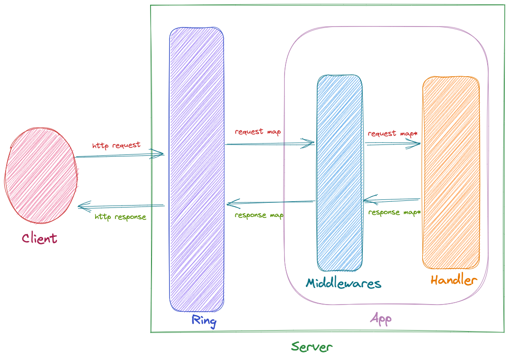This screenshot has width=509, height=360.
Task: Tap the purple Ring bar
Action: click(196, 169)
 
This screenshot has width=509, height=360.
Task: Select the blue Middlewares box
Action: click(339, 173)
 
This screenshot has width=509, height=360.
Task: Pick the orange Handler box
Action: click(450, 172)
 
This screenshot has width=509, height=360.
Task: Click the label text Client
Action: click(39, 238)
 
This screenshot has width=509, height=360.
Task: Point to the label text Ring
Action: click(204, 321)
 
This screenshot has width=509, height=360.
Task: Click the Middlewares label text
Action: click(343, 283)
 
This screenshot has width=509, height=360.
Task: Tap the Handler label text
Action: click(453, 280)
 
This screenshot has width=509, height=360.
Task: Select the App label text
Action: click(381, 319)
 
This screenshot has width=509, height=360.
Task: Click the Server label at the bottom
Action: click(312, 347)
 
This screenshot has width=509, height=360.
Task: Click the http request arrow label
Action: click(116, 145)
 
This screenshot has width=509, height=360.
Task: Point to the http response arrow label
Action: click(120, 217)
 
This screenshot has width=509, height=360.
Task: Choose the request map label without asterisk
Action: click(258, 132)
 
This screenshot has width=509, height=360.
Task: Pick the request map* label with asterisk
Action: click(393, 134)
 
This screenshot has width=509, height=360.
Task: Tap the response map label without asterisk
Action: click(259, 215)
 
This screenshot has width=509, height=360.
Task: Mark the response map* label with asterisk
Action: click(394, 213)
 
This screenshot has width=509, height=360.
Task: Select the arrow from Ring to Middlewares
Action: click(270, 143)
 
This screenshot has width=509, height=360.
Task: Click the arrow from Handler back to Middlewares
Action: click(392, 199)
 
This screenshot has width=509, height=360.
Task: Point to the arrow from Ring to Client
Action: click(121, 206)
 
